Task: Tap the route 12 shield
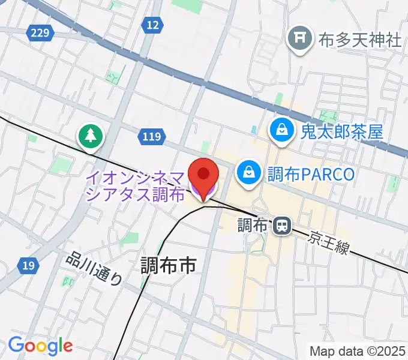point(153,25)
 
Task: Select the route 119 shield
point(152,137)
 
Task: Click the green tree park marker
point(91,136)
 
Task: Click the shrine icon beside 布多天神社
point(299,40)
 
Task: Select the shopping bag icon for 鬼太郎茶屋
point(280,130)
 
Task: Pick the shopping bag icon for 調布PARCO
point(248,173)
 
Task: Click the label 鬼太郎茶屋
point(342,131)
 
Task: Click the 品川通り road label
point(96,269)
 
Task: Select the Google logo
point(40,346)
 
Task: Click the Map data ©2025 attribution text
point(358,350)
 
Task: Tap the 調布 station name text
point(252,226)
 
